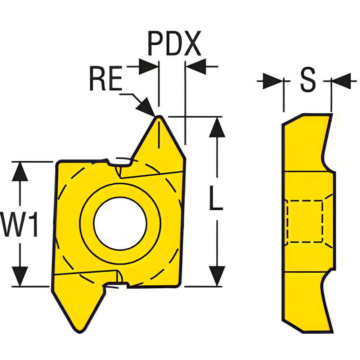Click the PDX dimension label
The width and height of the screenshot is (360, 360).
[174, 44]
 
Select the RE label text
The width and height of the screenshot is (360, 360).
[105, 80]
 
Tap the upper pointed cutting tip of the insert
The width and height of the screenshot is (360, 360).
[158, 117]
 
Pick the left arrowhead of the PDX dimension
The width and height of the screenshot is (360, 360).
[149, 67]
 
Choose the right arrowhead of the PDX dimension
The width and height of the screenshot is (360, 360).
[195, 67]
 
